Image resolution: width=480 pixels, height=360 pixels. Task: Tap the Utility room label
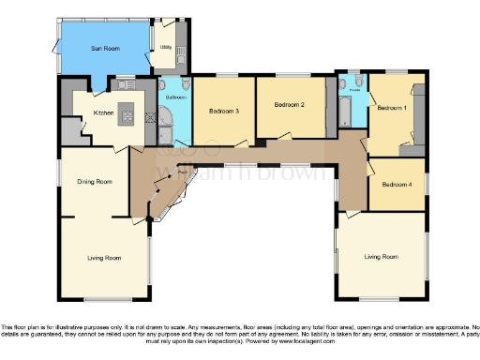[165, 46]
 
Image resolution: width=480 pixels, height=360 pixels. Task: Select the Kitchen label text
[103, 113]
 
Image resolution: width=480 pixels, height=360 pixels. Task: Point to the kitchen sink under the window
[124, 85]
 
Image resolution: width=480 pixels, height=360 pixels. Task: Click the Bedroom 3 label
[223, 112]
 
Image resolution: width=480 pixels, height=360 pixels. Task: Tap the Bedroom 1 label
[392, 108]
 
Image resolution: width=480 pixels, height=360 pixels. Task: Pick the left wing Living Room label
[103, 256]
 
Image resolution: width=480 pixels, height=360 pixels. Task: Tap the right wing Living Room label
[381, 256]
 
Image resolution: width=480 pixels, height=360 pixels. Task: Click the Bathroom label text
[175, 97]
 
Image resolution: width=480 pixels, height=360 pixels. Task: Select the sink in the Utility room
[181, 42]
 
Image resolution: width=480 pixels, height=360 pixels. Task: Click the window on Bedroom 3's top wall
[226, 75]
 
